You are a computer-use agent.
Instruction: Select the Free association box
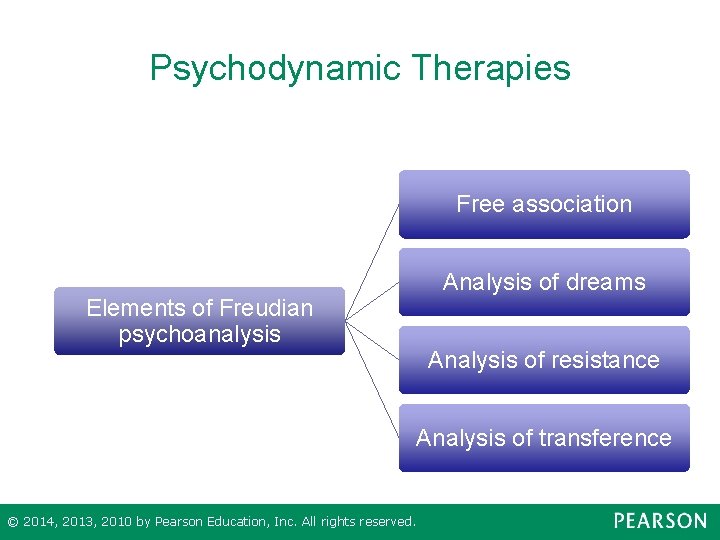coord(544,204)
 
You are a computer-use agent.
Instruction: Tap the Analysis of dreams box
coord(544,282)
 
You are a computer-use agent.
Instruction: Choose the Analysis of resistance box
coord(544,360)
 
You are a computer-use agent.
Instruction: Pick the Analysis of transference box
coord(544,438)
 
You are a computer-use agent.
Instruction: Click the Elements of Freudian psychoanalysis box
coord(199,321)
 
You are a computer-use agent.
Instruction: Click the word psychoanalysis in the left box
coord(199,334)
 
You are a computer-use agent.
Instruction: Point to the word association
coord(572,204)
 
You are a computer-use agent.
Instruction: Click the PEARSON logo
coord(659,521)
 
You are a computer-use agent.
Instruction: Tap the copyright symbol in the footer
coord(12,522)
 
